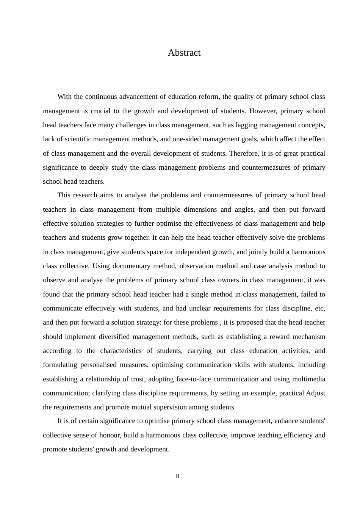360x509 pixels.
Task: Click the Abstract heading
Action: [184, 53]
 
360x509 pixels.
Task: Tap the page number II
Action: [177, 476]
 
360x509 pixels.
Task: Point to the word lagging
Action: [246, 125]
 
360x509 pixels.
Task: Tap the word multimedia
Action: [308, 379]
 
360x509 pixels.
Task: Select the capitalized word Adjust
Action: [316, 393]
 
